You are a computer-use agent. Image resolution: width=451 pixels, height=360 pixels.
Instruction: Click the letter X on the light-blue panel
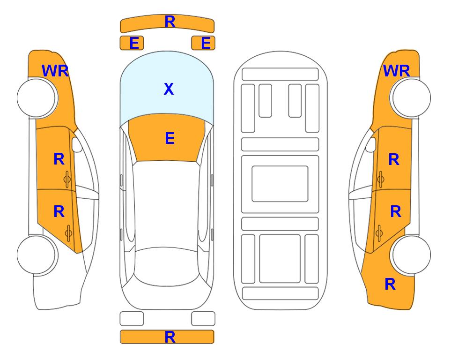click(x=169, y=89)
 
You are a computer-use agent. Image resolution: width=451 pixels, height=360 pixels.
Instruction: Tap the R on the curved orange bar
click(x=170, y=22)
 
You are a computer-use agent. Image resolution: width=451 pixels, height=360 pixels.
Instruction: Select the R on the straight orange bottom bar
click(x=170, y=337)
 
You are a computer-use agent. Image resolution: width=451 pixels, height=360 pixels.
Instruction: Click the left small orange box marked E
click(x=132, y=43)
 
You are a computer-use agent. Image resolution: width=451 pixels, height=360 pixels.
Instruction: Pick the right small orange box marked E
click(x=203, y=43)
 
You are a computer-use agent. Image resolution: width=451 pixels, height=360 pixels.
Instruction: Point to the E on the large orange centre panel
click(x=170, y=138)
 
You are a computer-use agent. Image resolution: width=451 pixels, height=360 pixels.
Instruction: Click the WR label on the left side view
click(x=55, y=71)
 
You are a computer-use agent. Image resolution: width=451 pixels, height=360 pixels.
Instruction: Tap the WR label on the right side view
click(x=396, y=71)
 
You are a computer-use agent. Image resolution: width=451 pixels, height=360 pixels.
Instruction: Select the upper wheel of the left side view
click(x=37, y=98)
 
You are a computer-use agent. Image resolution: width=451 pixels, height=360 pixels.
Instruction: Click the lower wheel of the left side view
click(x=37, y=255)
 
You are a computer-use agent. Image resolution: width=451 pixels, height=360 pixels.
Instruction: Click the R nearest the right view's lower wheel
click(x=390, y=284)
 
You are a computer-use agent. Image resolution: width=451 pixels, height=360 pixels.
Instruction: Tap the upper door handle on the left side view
click(x=67, y=179)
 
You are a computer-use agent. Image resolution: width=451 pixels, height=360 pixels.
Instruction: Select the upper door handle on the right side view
click(x=380, y=179)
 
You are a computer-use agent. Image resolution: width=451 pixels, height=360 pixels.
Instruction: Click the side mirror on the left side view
click(x=77, y=144)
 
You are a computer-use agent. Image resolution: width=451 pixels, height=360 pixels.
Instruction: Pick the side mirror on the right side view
click(x=371, y=144)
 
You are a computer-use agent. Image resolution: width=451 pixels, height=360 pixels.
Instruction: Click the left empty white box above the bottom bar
click(x=132, y=319)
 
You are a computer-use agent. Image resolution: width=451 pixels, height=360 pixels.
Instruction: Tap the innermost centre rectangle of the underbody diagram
click(x=280, y=184)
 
